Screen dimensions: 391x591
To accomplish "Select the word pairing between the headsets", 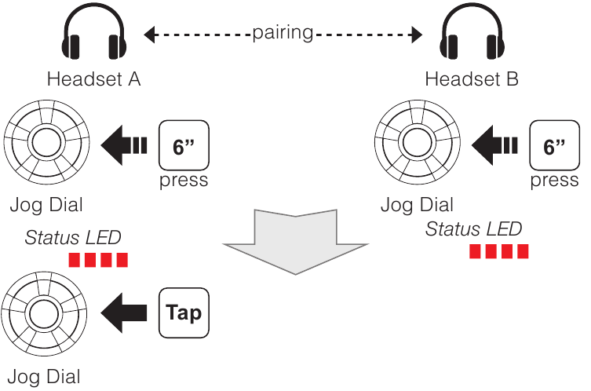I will point(283,34).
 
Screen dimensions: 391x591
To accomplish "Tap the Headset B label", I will point(472,79).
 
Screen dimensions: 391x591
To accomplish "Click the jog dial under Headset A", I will point(45,144).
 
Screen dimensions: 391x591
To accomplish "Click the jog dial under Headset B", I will point(416,144).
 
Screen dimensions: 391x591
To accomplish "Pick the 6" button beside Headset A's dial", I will point(183,145).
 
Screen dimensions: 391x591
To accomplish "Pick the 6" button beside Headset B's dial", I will point(554,145).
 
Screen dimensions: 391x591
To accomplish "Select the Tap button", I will point(184,312).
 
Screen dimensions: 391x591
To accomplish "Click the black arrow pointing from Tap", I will point(128,312).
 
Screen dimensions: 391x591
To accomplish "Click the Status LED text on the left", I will point(73,238).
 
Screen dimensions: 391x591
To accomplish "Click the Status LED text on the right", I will point(473,229).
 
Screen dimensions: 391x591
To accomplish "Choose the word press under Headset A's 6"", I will point(183,181).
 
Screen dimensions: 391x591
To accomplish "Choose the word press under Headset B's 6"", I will point(554,181).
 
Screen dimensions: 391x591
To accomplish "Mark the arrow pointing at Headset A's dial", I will point(126,145).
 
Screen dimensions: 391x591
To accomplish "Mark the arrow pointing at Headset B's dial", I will point(496,145).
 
